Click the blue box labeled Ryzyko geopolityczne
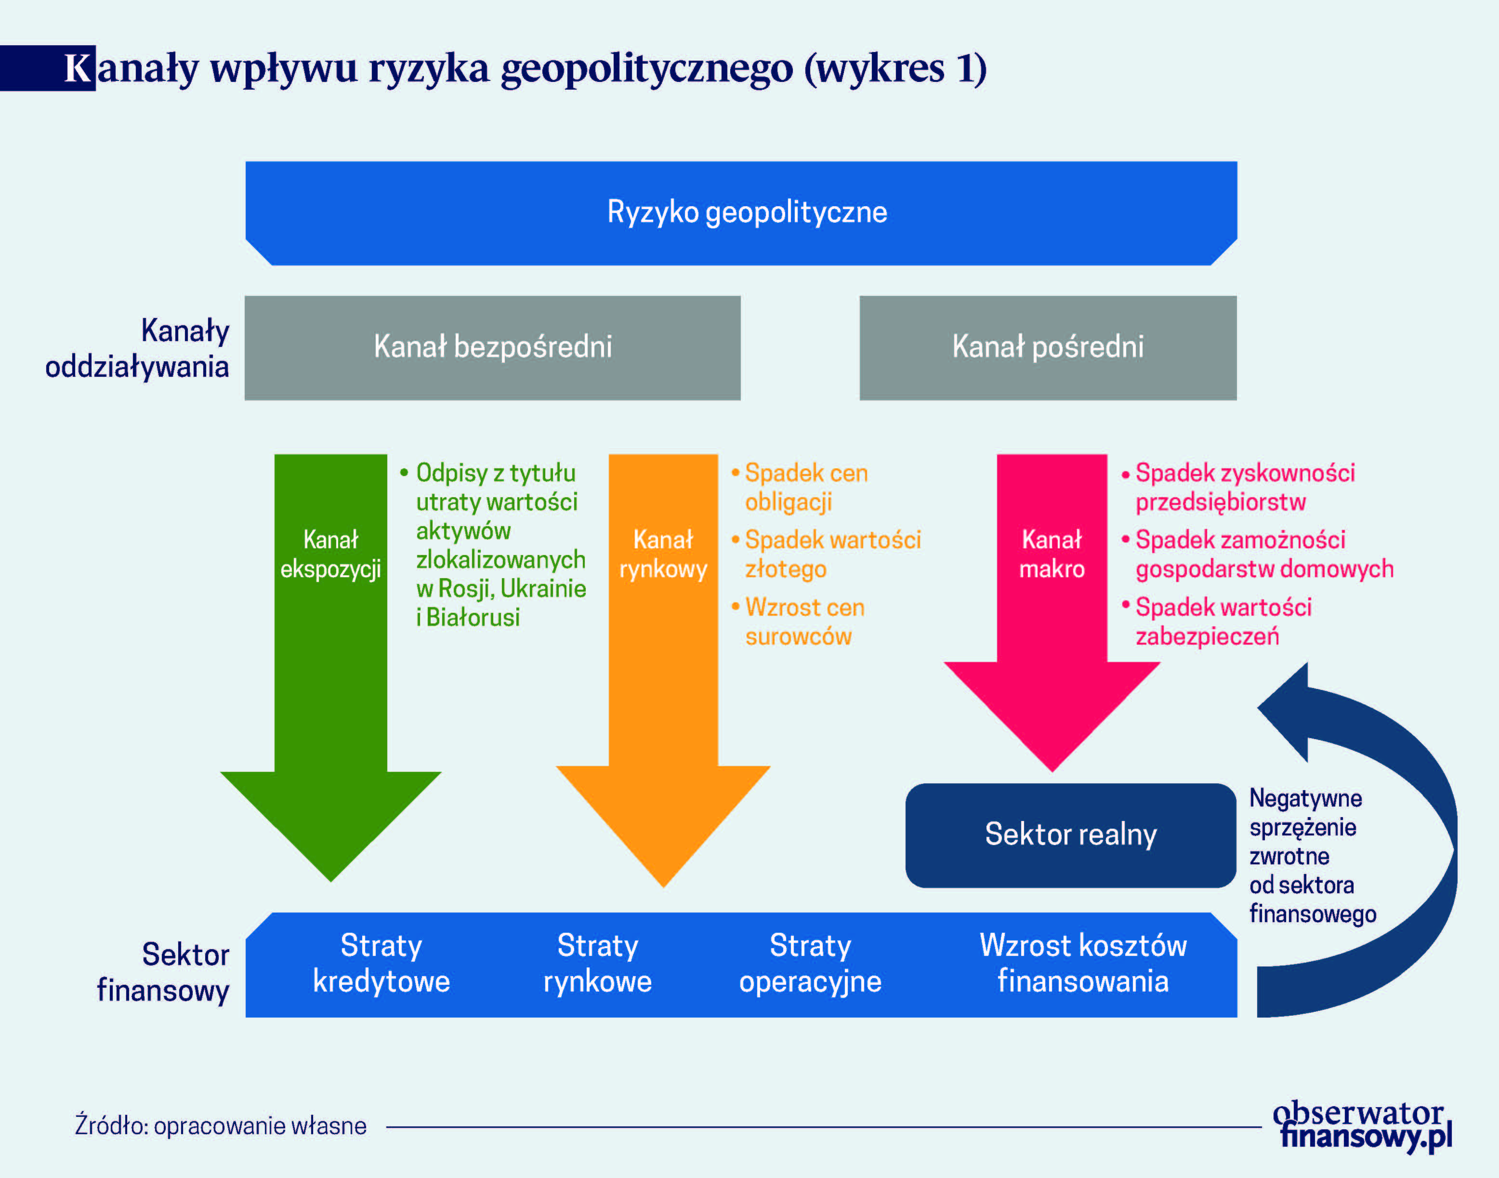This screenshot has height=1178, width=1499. point(741,213)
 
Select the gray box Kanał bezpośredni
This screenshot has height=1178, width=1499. point(492,347)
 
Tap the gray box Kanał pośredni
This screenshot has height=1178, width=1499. point(1048,347)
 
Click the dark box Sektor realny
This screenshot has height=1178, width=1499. point(1071,835)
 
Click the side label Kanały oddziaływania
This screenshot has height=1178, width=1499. point(137,349)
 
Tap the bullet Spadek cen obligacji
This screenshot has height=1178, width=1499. point(800,488)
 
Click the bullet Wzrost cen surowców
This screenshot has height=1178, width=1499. point(798,622)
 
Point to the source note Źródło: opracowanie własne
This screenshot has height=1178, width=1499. point(221,1125)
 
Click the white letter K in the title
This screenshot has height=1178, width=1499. point(79,68)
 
